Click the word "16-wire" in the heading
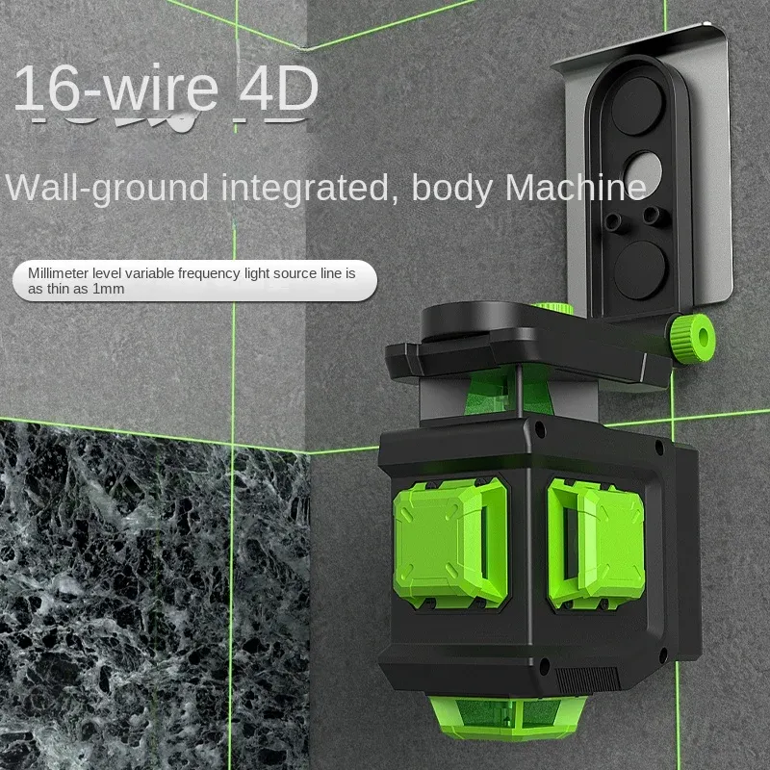(x=115, y=89)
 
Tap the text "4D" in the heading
(x=279, y=89)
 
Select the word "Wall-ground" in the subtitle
(x=107, y=189)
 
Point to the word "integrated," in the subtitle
(x=305, y=189)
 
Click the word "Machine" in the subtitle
(x=576, y=188)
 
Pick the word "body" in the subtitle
(x=451, y=189)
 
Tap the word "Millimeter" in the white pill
(x=59, y=273)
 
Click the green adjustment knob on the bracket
(x=692, y=338)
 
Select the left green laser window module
(x=450, y=543)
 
